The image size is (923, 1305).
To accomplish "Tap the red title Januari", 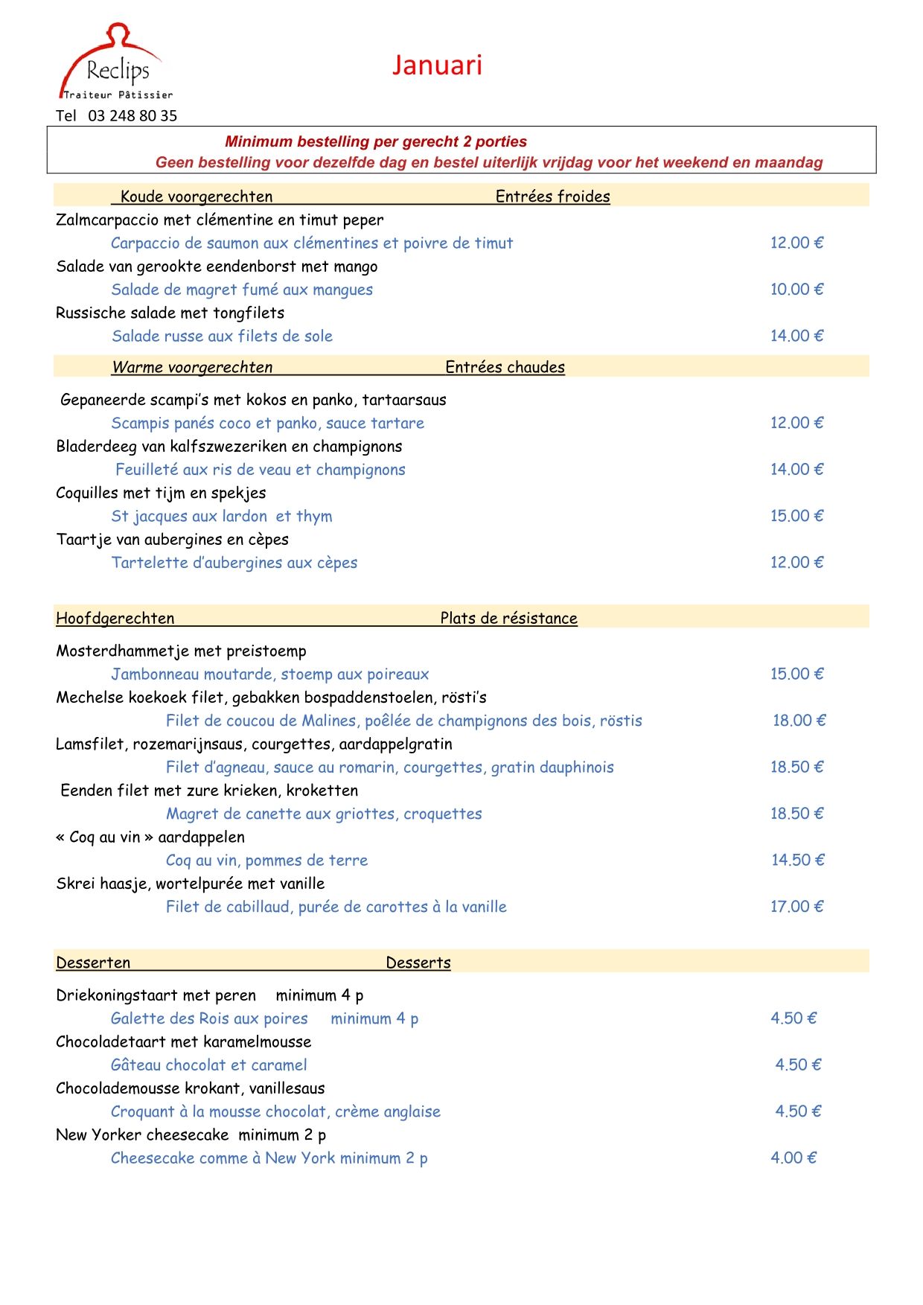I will pos(437,66).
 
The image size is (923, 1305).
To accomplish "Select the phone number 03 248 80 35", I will pos(132,116).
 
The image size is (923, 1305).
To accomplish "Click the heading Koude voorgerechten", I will pos(197,197).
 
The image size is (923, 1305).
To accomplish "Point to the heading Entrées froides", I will pos(552,197).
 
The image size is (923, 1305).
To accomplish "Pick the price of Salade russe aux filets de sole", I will pos(796,336).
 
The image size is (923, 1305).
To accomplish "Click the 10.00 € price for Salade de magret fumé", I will pos(796,290).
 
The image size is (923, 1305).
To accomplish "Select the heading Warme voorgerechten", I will pos(192,367).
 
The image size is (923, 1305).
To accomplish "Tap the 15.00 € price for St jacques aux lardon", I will pos(796,516).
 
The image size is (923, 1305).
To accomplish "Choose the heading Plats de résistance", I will pos(508,618).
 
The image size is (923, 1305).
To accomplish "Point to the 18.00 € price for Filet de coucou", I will pos(799,721).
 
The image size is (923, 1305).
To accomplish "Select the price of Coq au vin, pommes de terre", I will pos(797,861).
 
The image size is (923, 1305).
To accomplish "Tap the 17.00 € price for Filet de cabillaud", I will pos(796,907).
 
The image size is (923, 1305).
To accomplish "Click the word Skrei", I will pos(75,884).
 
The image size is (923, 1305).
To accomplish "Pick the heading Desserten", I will pos(93,963).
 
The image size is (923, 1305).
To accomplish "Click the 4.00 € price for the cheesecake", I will pos(793,1158).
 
